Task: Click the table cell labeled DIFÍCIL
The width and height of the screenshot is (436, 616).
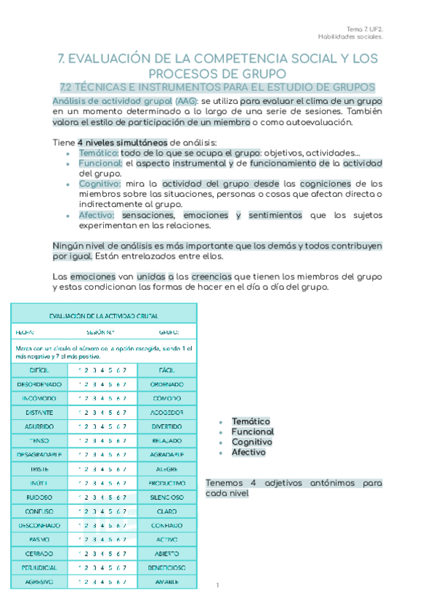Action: pyautogui.click(x=39, y=370)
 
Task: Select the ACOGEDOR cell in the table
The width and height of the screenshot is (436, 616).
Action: pyautogui.click(x=166, y=413)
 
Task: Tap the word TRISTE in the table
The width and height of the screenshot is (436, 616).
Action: pyautogui.click(x=39, y=469)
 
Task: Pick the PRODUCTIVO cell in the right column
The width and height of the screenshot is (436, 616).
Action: pyautogui.click(x=166, y=483)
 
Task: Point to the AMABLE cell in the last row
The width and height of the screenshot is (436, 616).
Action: pyautogui.click(x=166, y=582)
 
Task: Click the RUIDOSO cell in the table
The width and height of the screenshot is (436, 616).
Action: pyautogui.click(x=39, y=497)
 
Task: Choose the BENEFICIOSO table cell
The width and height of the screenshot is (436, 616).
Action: pyautogui.click(x=166, y=567)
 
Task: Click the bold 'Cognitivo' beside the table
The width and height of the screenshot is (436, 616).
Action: pyautogui.click(x=251, y=442)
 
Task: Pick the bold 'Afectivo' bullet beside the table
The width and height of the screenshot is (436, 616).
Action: pyautogui.click(x=249, y=452)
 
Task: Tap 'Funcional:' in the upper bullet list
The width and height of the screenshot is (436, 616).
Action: pyautogui.click(x=100, y=163)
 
